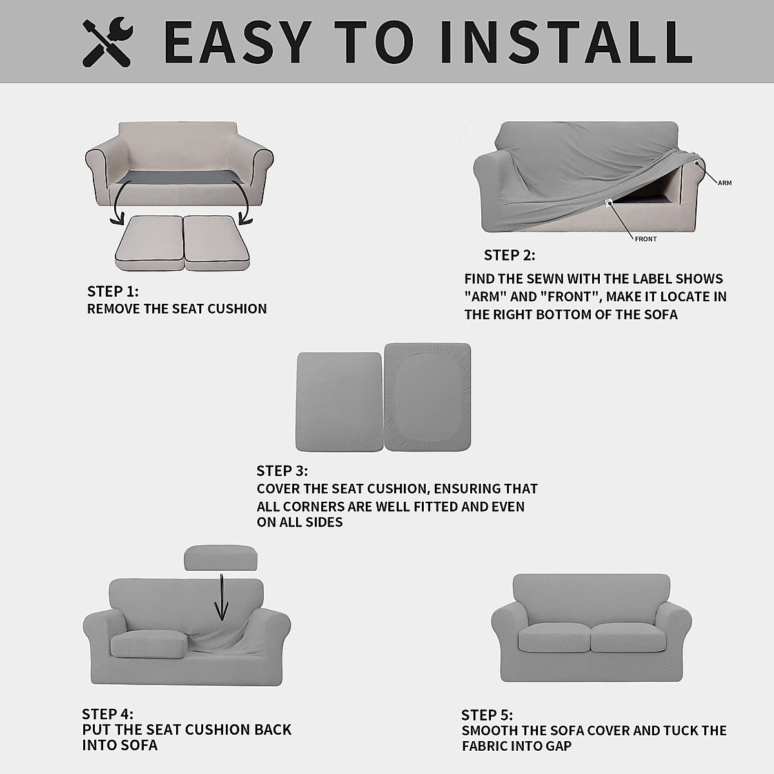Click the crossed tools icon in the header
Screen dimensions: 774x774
coord(107,43)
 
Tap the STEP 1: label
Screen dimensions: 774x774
coord(113,291)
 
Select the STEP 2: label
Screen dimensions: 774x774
coord(510,255)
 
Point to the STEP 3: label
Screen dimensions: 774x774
coord(282,471)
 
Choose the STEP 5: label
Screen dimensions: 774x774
coord(487,715)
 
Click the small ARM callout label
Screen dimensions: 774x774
coord(725,183)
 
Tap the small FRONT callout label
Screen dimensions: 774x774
coord(646,239)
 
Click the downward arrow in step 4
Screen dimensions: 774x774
coord(221,597)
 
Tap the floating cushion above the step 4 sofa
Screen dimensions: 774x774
coord(221,558)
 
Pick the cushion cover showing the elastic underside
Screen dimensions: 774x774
coord(428,397)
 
